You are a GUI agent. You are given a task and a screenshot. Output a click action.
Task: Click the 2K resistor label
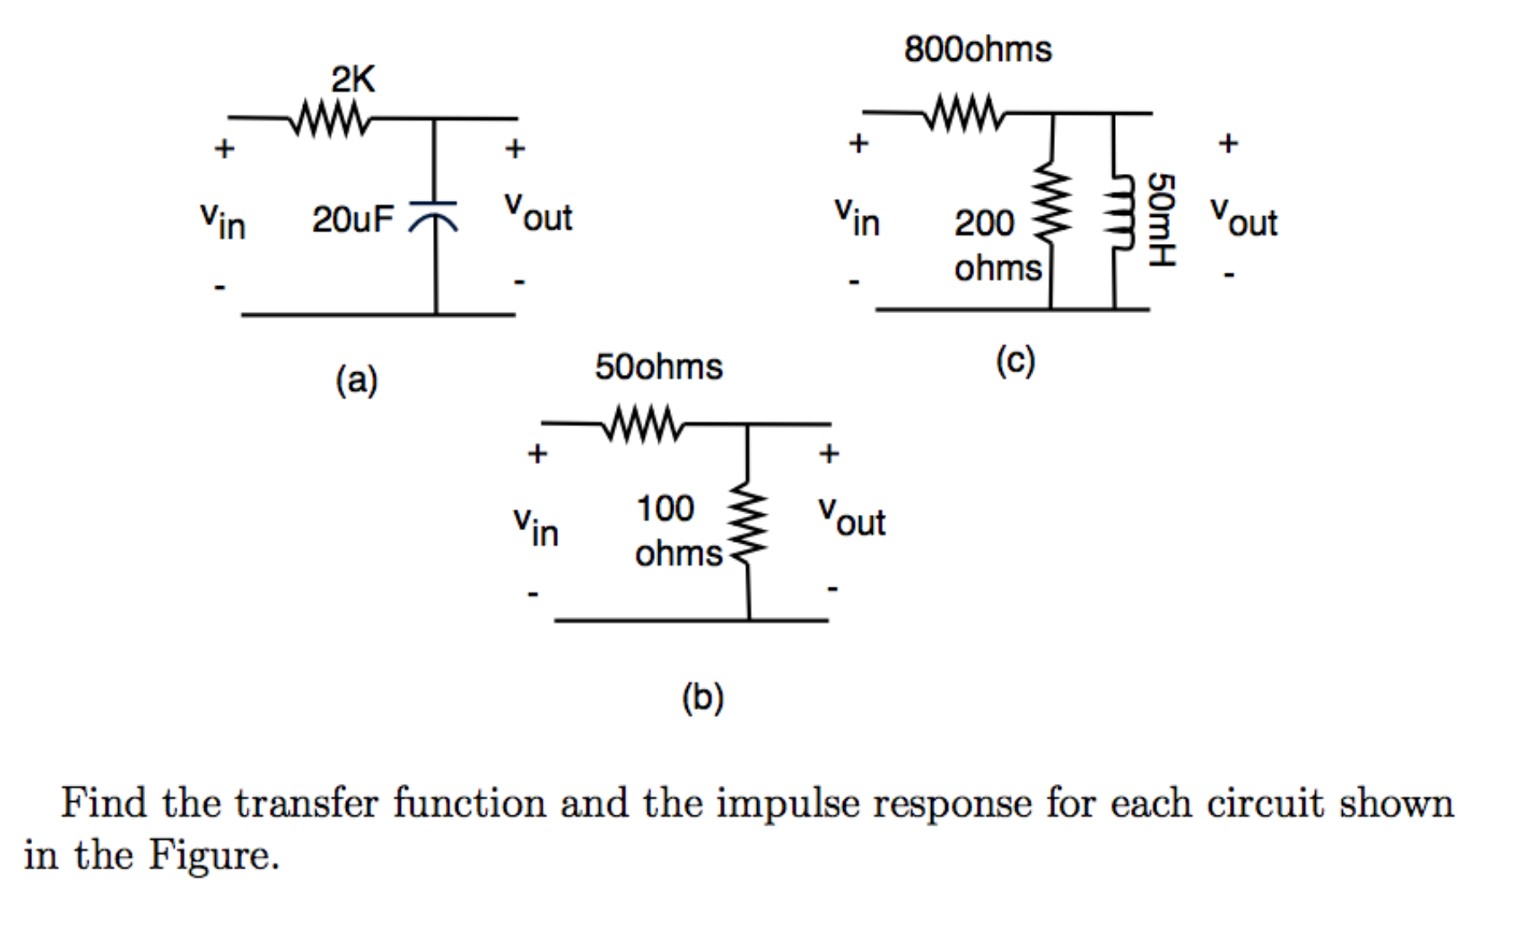point(353,80)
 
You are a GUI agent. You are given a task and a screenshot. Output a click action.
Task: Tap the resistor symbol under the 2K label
point(330,119)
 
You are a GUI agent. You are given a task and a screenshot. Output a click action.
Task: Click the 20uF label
point(353,220)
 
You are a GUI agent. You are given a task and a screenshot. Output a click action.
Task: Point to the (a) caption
point(356,381)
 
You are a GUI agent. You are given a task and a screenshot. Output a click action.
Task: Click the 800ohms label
point(977,50)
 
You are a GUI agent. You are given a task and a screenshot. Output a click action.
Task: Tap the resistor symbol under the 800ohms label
point(965,113)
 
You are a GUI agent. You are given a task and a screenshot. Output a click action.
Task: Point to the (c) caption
point(1015,362)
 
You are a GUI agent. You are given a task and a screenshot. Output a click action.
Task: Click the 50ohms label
point(658,367)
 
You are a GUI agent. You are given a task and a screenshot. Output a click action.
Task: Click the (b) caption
point(702,698)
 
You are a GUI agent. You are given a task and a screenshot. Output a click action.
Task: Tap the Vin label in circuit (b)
point(536,527)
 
